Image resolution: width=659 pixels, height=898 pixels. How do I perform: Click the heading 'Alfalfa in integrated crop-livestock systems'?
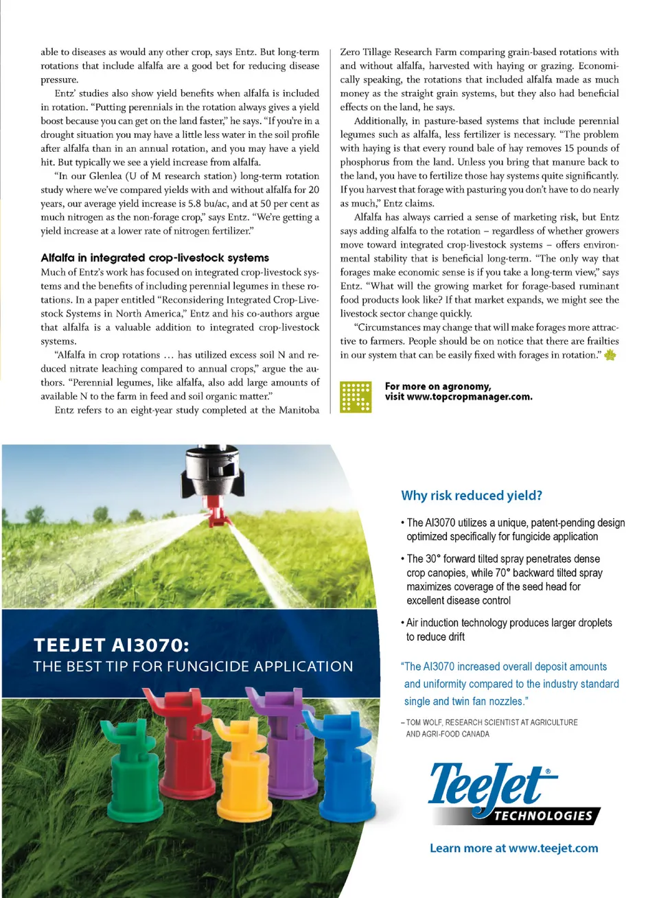[x=154, y=258]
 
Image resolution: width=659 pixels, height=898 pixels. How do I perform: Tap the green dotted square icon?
[x=356, y=397]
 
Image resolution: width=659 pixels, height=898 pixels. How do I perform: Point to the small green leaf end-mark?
[x=610, y=355]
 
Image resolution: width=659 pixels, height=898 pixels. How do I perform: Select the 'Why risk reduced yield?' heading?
[x=472, y=496]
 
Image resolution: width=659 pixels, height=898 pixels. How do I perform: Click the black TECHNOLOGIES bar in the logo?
[x=542, y=816]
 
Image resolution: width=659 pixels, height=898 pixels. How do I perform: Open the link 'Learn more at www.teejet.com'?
[x=513, y=849]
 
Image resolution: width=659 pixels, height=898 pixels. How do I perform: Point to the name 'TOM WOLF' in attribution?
[x=423, y=722]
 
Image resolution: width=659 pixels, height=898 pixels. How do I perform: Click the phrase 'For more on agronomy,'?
[x=438, y=387]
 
